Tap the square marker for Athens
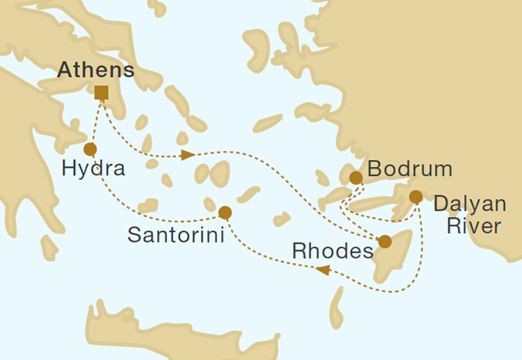pos(101,93)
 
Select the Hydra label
pos(92,169)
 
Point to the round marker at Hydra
pos(90,149)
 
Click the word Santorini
pos(175,236)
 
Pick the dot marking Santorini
pos(224,212)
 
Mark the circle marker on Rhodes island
pos(385,242)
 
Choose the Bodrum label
pos(409,169)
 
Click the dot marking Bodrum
pos(355,178)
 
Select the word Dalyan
pos(469,204)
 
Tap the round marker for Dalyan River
pos(415,197)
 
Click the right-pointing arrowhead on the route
pos(187,156)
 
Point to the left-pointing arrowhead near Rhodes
pos(322,269)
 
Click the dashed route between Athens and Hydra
pos(94,122)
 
